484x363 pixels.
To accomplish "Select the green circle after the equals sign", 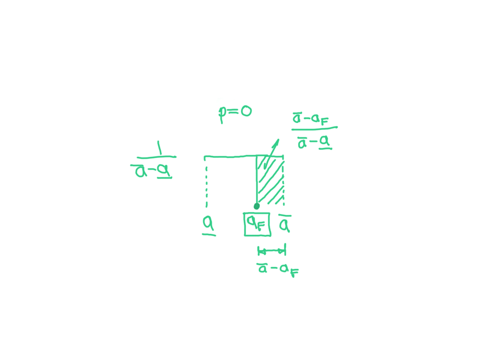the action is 246,112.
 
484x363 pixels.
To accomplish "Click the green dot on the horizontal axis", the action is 257,207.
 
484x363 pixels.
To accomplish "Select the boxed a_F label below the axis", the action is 257,224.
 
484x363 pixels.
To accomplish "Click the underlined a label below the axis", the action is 208,226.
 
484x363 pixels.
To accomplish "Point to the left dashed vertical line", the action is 206,182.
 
